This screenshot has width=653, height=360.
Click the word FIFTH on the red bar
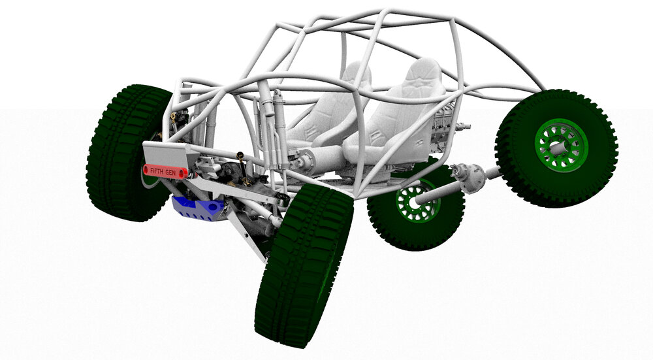point(157,171)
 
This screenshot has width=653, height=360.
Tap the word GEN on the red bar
point(171,172)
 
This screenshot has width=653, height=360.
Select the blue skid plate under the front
point(199,208)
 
